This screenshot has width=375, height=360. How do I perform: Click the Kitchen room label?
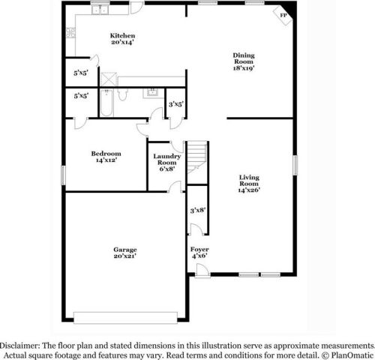(x=122, y=39)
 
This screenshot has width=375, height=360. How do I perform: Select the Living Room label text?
(x=249, y=184)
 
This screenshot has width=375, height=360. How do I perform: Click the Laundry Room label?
(x=166, y=162)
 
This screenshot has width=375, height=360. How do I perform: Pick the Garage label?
(x=125, y=253)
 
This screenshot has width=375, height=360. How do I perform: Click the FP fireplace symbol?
(x=284, y=15)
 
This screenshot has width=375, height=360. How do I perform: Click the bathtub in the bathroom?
(x=106, y=103)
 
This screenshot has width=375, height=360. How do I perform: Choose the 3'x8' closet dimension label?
(x=199, y=211)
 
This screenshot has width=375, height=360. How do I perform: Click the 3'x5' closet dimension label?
(x=176, y=104)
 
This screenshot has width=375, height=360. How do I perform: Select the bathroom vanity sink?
(x=153, y=94)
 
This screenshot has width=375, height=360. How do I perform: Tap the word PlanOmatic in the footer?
(x=351, y=353)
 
